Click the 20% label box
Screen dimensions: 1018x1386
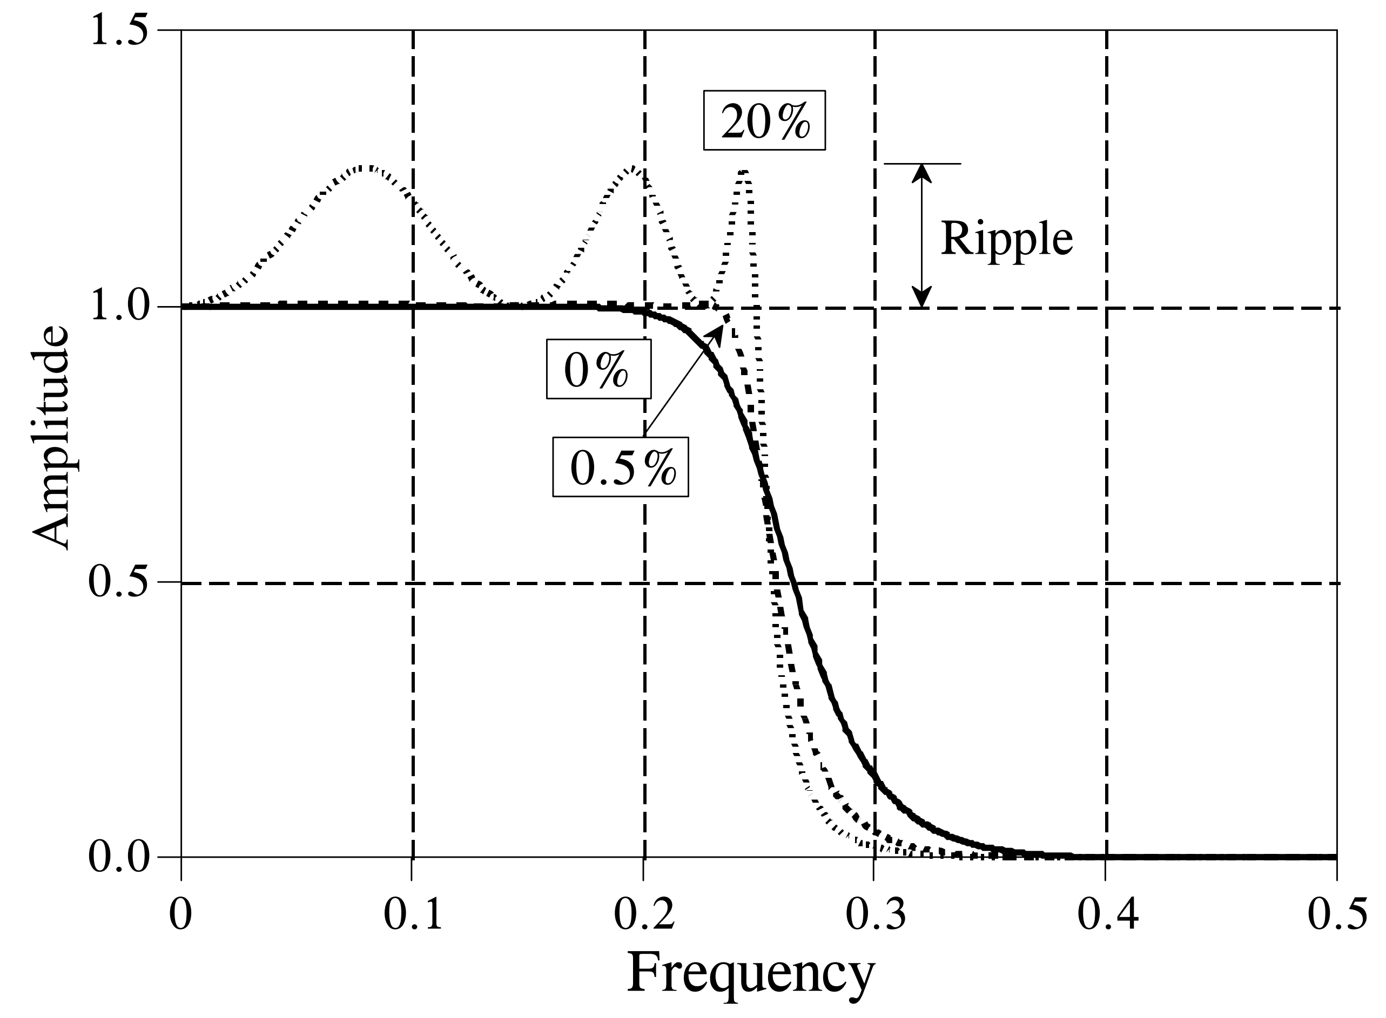click(x=764, y=121)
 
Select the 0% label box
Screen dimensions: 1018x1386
click(x=598, y=369)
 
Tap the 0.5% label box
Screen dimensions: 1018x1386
click(x=620, y=467)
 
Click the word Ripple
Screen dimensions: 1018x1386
click(x=1006, y=239)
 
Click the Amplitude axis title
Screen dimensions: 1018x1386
click(x=51, y=438)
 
